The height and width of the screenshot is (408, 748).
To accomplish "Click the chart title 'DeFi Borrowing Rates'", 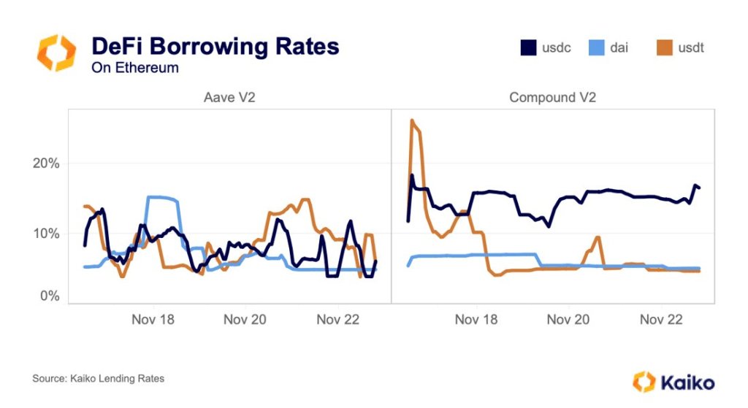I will click(215, 47).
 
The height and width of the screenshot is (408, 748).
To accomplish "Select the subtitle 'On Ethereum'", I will click(134, 68).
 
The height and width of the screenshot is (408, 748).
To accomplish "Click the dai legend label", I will click(618, 48).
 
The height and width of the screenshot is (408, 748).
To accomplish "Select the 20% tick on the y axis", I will click(45, 163).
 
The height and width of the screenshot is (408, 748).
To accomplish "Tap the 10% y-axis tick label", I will click(45, 234).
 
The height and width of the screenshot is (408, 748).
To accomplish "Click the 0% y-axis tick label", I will click(48, 296).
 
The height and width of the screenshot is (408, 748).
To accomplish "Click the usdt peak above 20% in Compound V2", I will click(413, 120).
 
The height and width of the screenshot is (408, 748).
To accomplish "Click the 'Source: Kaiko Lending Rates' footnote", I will click(98, 378).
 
